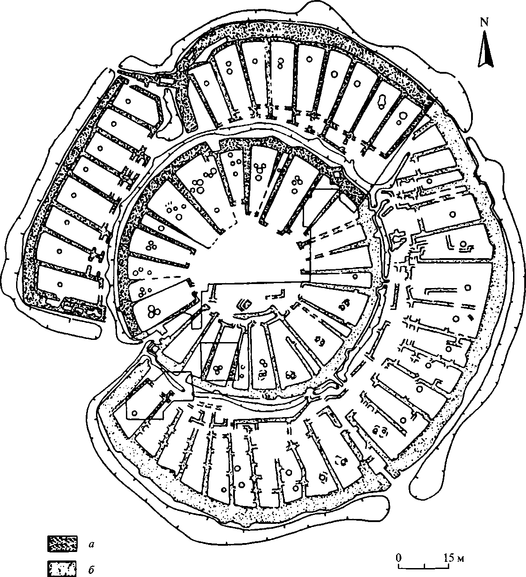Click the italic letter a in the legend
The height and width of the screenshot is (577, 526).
tap(91, 544)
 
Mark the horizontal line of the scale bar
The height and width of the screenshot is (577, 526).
tap(424, 568)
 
